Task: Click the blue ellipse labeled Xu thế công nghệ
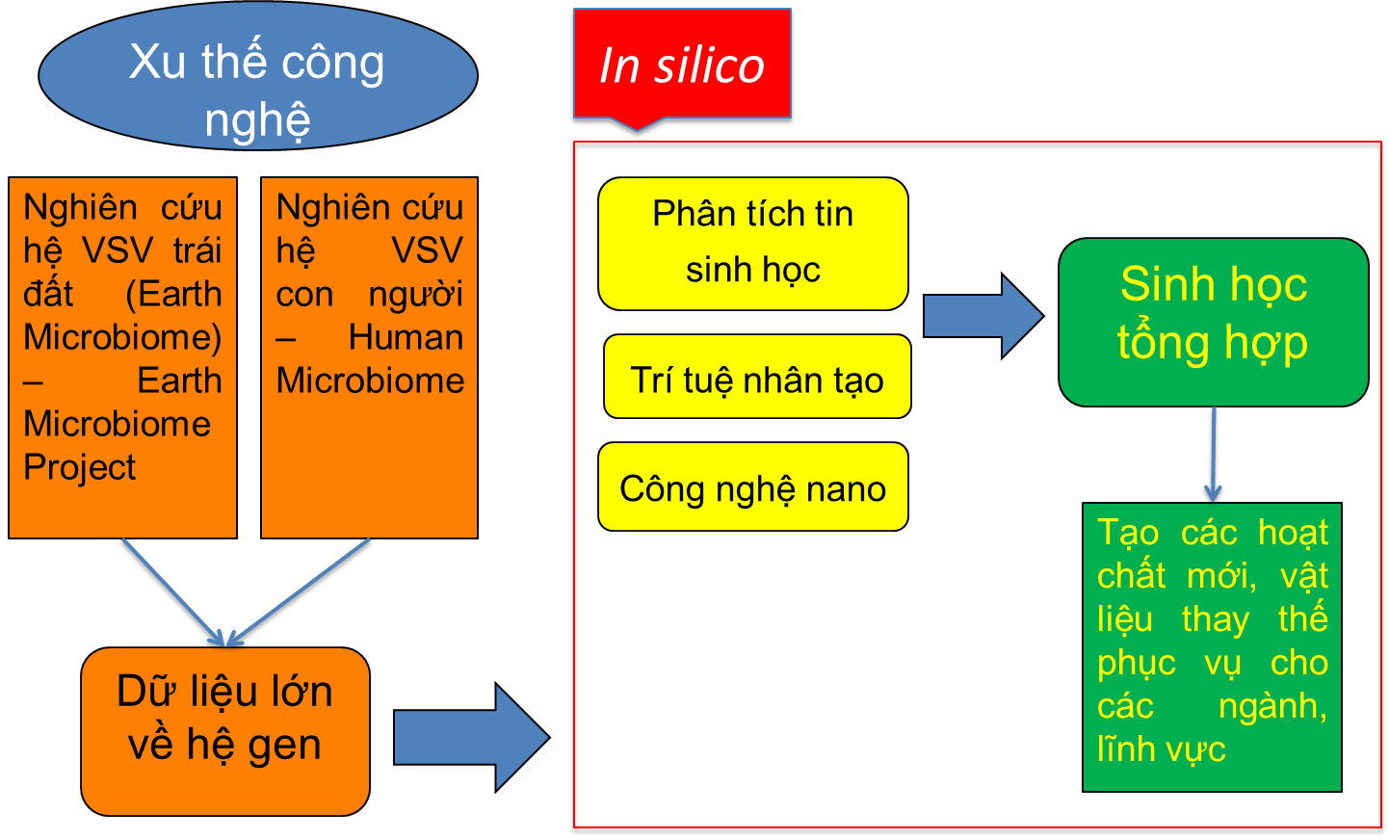click(258, 77)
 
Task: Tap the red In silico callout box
click(682, 64)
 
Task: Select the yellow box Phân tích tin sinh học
click(753, 243)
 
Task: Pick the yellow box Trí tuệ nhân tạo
click(757, 377)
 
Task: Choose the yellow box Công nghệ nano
click(753, 486)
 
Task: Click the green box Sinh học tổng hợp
click(1213, 322)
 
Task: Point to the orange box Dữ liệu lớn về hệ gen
click(225, 731)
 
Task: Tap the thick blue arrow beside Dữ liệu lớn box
click(470, 738)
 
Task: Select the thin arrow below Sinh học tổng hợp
click(1214, 454)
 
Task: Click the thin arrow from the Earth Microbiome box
click(171, 590)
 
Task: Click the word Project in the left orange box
click(80, 467)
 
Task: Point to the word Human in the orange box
click(406, 337)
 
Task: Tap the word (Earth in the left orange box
click(173, 294)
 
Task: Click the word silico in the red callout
click(709, 66)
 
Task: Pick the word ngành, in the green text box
click(1271, 706)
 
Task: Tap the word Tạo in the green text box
click(1128, 533)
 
